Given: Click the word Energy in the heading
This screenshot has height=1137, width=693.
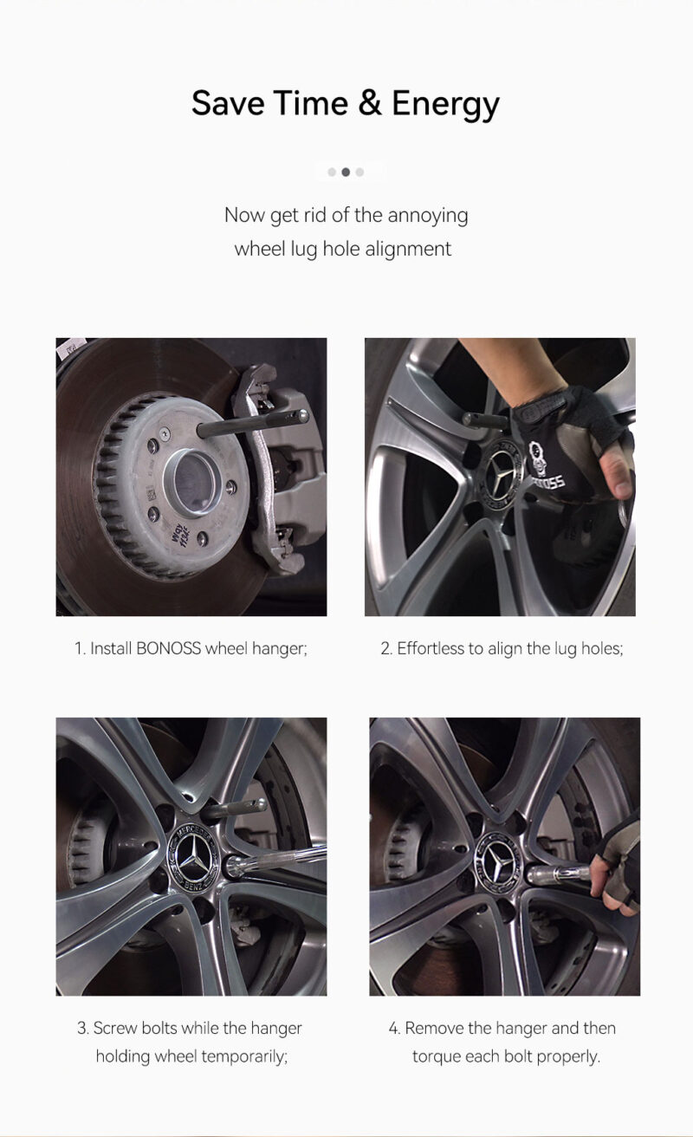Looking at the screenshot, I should tap(445, 104).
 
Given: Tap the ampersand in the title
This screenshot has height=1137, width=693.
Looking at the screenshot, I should tap(370, 103).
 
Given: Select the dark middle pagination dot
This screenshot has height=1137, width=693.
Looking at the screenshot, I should tap(346, 172).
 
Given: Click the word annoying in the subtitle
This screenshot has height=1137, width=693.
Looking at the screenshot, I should tap(428, 215).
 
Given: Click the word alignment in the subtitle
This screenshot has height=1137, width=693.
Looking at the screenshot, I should tap(408, 249).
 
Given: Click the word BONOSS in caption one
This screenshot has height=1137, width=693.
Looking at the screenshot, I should tap(169, 648).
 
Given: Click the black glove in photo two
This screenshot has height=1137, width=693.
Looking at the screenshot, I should tap(563, 433).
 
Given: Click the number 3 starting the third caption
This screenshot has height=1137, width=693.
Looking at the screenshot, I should tap(81, 1029).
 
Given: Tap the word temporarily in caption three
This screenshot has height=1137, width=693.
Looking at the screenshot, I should tap(242, 1056).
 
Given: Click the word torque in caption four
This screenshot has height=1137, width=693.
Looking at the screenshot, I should tap(435, 1056).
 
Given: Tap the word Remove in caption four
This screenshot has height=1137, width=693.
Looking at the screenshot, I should tap(434, 1029).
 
